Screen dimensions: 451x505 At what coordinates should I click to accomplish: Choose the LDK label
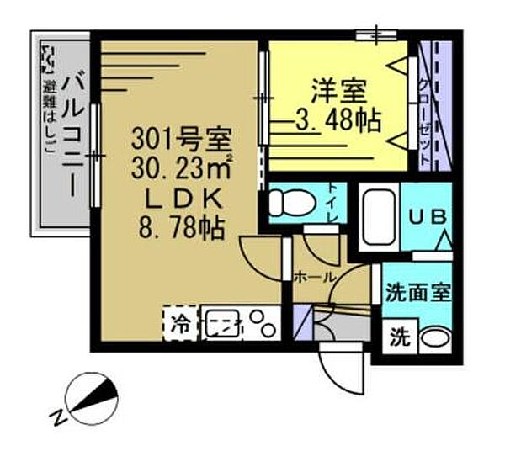click(x=179, y=198)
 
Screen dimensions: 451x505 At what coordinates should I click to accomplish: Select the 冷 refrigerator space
click(x=181, y=322)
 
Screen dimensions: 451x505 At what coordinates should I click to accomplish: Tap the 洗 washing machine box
click(x=399, y=339)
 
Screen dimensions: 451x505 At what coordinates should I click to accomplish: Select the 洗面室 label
click(x=418, y=294)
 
